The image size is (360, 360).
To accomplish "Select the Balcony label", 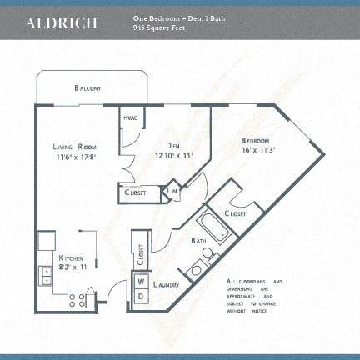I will point(87,87).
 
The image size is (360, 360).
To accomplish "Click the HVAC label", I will point(130,118).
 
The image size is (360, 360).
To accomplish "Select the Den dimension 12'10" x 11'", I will point(172,154).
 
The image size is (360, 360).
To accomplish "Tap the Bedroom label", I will point(256,140).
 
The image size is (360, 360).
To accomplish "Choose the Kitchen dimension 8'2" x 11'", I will point(73,267).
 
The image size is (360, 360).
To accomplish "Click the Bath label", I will point(198,242).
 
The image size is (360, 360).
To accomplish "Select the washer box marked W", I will point(141,282).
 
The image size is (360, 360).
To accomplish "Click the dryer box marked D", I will point(141,296).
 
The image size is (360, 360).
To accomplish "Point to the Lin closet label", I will point(173,192).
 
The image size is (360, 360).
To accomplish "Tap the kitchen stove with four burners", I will point(78,298).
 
